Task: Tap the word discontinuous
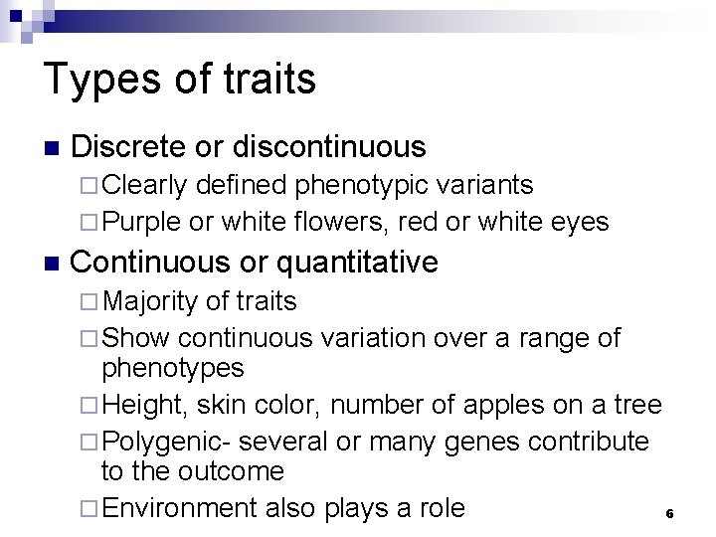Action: click(x=328, y=148)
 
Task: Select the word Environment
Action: click(x=182, y=509)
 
